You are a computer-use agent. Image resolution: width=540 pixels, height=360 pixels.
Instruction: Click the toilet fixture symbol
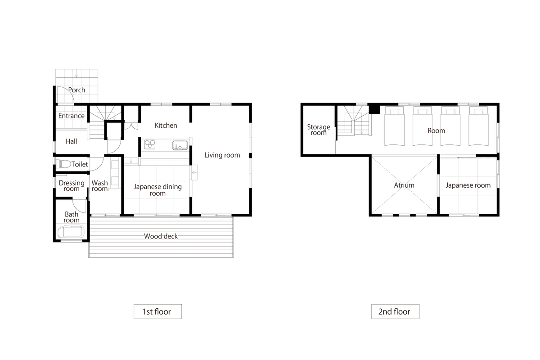click(63, 164)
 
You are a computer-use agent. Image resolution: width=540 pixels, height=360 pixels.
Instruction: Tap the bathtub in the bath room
click(71, 232)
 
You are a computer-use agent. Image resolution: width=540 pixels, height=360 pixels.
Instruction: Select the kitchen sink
click(180, 145)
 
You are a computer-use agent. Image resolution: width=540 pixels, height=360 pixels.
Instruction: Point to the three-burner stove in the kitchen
click(150, 144)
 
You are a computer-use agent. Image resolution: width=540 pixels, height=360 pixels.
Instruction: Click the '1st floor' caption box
click(157, 311)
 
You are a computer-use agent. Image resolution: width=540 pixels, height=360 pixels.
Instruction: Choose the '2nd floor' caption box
click(396, 311)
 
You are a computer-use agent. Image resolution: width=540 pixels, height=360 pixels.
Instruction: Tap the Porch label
click(76, 90)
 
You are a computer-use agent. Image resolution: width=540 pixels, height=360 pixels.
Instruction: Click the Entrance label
click(72, 116)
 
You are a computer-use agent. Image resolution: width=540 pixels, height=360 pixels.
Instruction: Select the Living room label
click(222, 155)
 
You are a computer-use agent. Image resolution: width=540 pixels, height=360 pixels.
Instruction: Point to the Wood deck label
click(161, 236)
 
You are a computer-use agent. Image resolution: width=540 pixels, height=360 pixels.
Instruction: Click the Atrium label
click(404, 185)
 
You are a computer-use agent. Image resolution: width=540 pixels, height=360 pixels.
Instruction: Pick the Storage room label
click(319, 130)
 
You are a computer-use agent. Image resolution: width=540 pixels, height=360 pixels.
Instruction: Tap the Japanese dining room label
click(157, 190)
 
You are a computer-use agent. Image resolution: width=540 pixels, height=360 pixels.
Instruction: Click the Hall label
click(72, 141)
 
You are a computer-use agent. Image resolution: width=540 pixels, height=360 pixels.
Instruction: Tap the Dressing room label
click(72, 186)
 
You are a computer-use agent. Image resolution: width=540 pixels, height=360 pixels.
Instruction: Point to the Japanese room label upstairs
click(468, 185)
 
